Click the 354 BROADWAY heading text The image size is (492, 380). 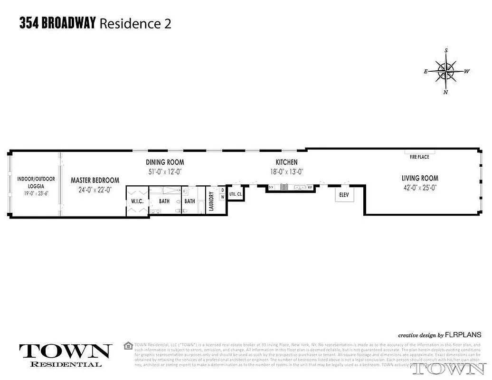[58, 23]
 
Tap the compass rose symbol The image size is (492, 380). [446, 72]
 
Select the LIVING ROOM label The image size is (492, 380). [420, 178]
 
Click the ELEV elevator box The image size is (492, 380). [344, 195]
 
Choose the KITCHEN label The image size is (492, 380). [287, 162]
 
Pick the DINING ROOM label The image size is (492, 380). [165, 162]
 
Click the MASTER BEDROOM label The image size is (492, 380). [95, 180]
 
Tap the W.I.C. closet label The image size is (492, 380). [137, 201]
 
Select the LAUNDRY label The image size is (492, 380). [211, 201]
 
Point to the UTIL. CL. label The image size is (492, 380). [236, 194]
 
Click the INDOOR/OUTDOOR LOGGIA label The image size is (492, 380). [36, 182]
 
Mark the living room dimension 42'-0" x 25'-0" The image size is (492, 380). [420, 187]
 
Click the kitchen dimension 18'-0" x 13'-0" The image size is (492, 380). [287, 172]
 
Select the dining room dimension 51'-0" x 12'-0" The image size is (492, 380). [165, 172]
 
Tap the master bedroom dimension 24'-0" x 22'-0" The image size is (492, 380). [95, 190]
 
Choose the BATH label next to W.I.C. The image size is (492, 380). [164, 201]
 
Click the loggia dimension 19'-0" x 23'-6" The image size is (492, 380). [36, 193]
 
